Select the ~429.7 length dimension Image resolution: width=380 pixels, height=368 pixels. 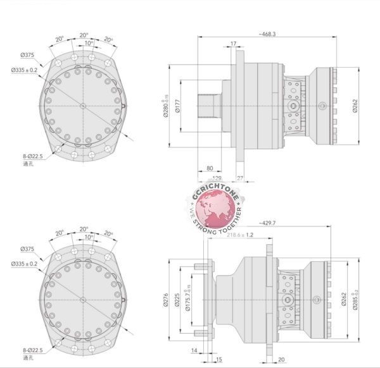272,224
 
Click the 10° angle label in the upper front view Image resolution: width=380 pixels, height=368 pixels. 89,44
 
